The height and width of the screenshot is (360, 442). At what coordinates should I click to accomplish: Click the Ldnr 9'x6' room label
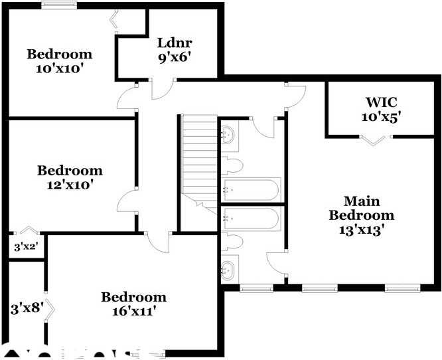click(x=175, y=50)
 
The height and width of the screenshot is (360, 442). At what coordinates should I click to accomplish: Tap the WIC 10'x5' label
click(x=382, y=110)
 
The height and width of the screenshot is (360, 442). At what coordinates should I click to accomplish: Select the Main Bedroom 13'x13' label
click(x=362, y=215)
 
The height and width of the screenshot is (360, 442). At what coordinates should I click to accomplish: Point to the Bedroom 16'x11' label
click(x=133, y=304)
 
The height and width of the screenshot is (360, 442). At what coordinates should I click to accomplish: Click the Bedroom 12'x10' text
click(x=70, y=177)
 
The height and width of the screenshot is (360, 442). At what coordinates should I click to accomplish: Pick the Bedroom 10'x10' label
click(x=59, y=61)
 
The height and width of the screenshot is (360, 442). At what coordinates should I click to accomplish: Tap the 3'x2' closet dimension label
click(x=26, y=248)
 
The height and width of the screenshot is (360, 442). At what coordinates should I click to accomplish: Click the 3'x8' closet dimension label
click(x=26, y=309)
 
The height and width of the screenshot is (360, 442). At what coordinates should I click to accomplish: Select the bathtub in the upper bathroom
click(x=252, y=189)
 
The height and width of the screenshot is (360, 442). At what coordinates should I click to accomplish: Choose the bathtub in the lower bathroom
click(x=252, y=219)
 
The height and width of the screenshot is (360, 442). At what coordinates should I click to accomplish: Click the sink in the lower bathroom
click(x=228, y=269)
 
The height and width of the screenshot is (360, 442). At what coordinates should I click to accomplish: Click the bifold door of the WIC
click(x=376, y=139)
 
